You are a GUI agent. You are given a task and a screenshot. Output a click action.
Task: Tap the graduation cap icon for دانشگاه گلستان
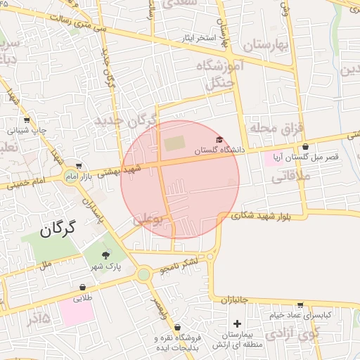(x=219, y=140)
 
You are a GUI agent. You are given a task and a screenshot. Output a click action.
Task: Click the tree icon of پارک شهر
(x=105, y=255)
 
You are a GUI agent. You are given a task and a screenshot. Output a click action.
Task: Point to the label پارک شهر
(x=106, y=267)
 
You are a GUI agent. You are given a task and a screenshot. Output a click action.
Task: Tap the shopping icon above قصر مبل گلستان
(x=305, y=147)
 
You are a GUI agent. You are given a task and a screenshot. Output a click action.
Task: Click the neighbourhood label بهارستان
(x=268, y=46)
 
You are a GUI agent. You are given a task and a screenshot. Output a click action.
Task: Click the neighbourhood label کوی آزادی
(x=300, y=333)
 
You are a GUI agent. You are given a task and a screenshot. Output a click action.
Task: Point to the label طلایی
(x=84, y=298)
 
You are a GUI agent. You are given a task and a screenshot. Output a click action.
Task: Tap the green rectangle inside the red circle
(x=173, y=143)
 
